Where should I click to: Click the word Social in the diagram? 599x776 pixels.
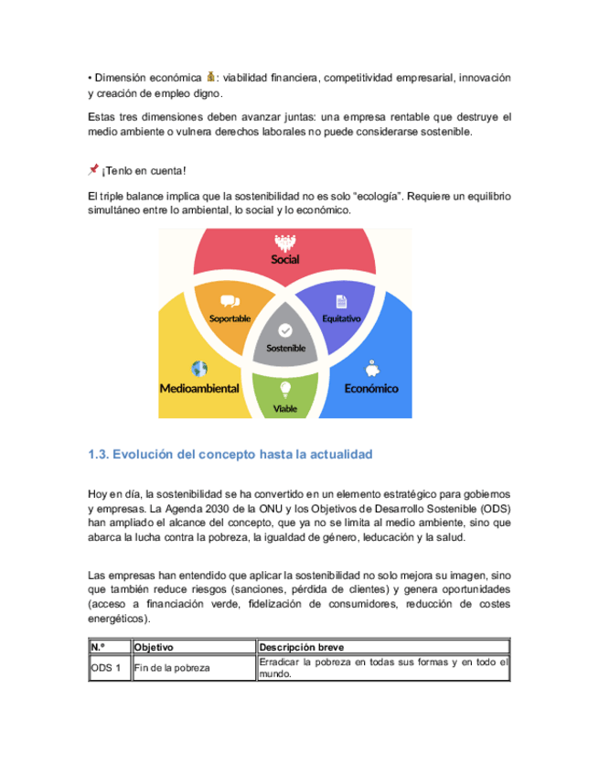285,259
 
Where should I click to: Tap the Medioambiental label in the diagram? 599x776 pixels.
199,388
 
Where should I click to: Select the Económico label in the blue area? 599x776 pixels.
371,388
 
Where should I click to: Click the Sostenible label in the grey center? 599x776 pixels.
285,349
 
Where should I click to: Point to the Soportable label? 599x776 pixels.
230,318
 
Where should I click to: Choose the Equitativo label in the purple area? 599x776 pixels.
342,318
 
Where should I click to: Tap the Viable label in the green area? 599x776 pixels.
285,409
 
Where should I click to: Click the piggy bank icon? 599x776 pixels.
371,369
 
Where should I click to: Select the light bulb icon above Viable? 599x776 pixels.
285,388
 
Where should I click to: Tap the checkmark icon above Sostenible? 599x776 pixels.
285,329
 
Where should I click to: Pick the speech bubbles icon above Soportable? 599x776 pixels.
230,300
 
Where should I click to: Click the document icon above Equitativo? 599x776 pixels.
341,300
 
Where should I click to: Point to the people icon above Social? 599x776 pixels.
285,242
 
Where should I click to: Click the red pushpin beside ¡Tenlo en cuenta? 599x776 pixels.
93,169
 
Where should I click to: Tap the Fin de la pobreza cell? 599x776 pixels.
173,668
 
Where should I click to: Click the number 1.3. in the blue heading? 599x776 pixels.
99,454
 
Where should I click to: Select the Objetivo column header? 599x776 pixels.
155,647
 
